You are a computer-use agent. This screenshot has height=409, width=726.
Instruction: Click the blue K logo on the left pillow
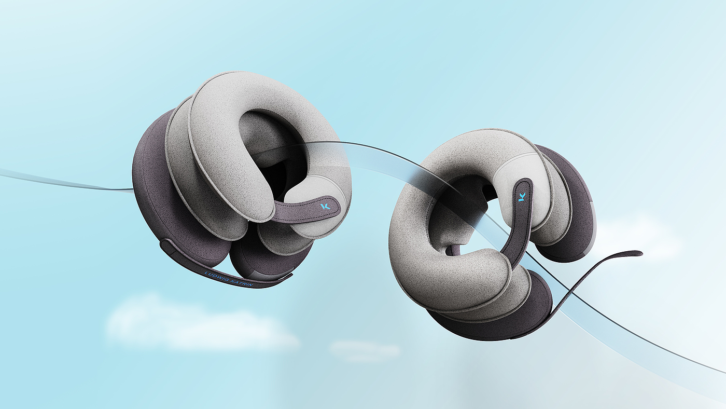(325, 206)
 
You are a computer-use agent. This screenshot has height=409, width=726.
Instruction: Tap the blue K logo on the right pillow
(522, 197)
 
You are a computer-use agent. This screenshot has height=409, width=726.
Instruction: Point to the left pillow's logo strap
(305, 210)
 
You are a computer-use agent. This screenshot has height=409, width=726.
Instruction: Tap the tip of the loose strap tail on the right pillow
(640, 253)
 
